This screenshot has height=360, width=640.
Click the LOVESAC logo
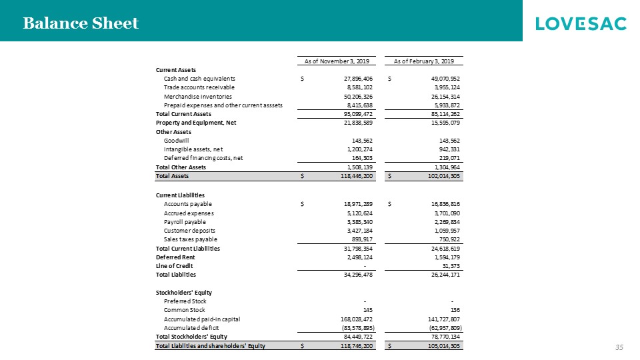tap(581, 24)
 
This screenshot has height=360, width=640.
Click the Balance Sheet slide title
tap(81, 24)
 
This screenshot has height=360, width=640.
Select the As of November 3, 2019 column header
tap(337, 61)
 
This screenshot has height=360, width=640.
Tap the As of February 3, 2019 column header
tap(424, 61)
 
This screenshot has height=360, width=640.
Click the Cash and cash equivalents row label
tap(199, 79)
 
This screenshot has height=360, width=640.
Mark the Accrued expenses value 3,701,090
tap(444, 213)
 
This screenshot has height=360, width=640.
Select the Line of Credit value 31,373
tap(450, 266)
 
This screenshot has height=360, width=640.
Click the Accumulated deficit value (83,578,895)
tap(357, 328)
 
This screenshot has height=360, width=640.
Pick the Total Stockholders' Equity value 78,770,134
tap(444, 337)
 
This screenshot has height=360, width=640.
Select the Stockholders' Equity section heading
tap(184, 292)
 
